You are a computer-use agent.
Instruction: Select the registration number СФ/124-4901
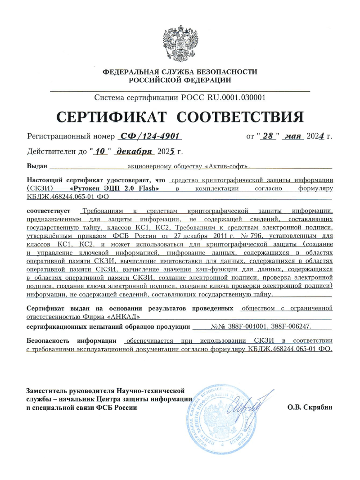tap(152, 135)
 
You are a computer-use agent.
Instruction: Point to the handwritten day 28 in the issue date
tap(269, 135)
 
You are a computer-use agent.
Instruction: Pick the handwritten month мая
tap(295, 135)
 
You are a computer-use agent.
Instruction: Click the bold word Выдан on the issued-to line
tap(37, 167)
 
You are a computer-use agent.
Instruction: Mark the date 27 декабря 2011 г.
tap(207, 235)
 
